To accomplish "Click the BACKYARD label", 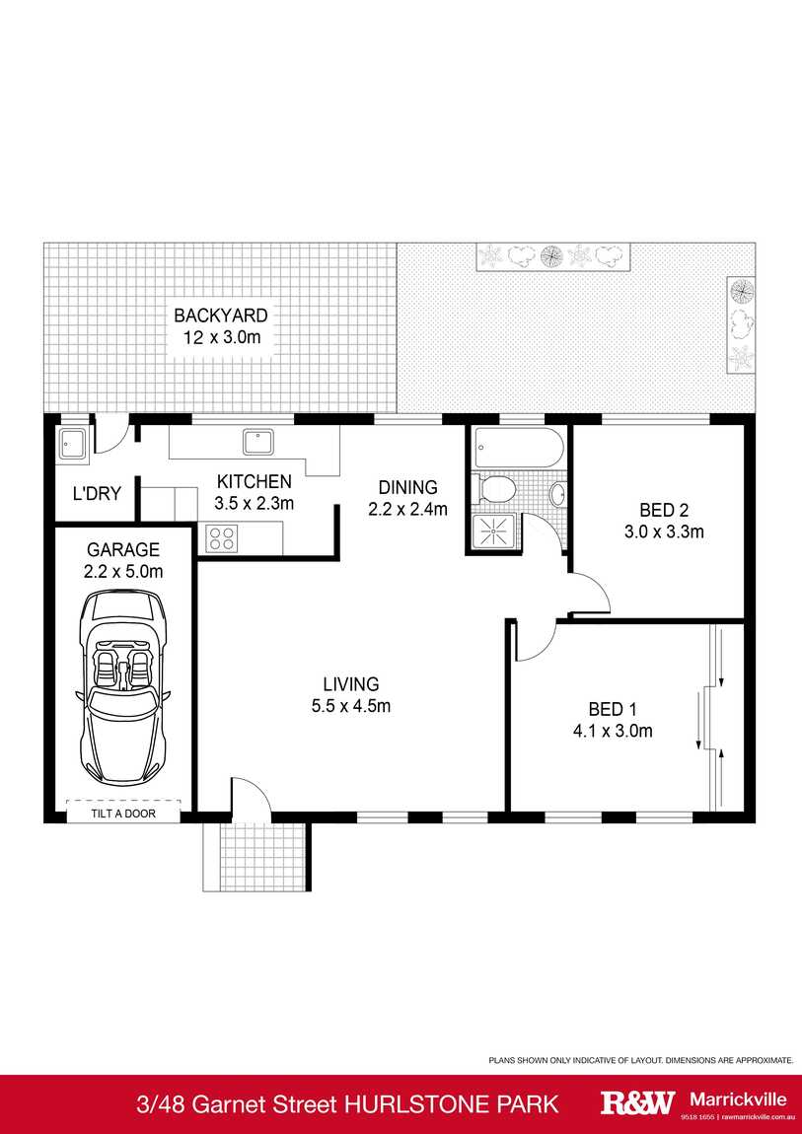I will click(221, 317).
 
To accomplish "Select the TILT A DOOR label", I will click(123, 815).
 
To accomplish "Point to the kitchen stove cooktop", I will click(221, 538).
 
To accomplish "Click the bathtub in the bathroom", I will click(518, 450).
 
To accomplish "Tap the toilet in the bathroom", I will click(497, 488).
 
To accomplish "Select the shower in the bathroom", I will click(492, 531).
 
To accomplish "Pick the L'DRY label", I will click(96, 493).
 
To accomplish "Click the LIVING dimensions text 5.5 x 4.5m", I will click(351, 706).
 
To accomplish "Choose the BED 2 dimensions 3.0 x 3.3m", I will click(663, 532).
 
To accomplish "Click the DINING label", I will click(407, 487).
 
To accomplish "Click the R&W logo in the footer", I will click(638, 1102).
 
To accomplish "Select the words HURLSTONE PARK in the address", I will click(451, 1103).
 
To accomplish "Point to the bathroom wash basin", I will click(558, 493).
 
